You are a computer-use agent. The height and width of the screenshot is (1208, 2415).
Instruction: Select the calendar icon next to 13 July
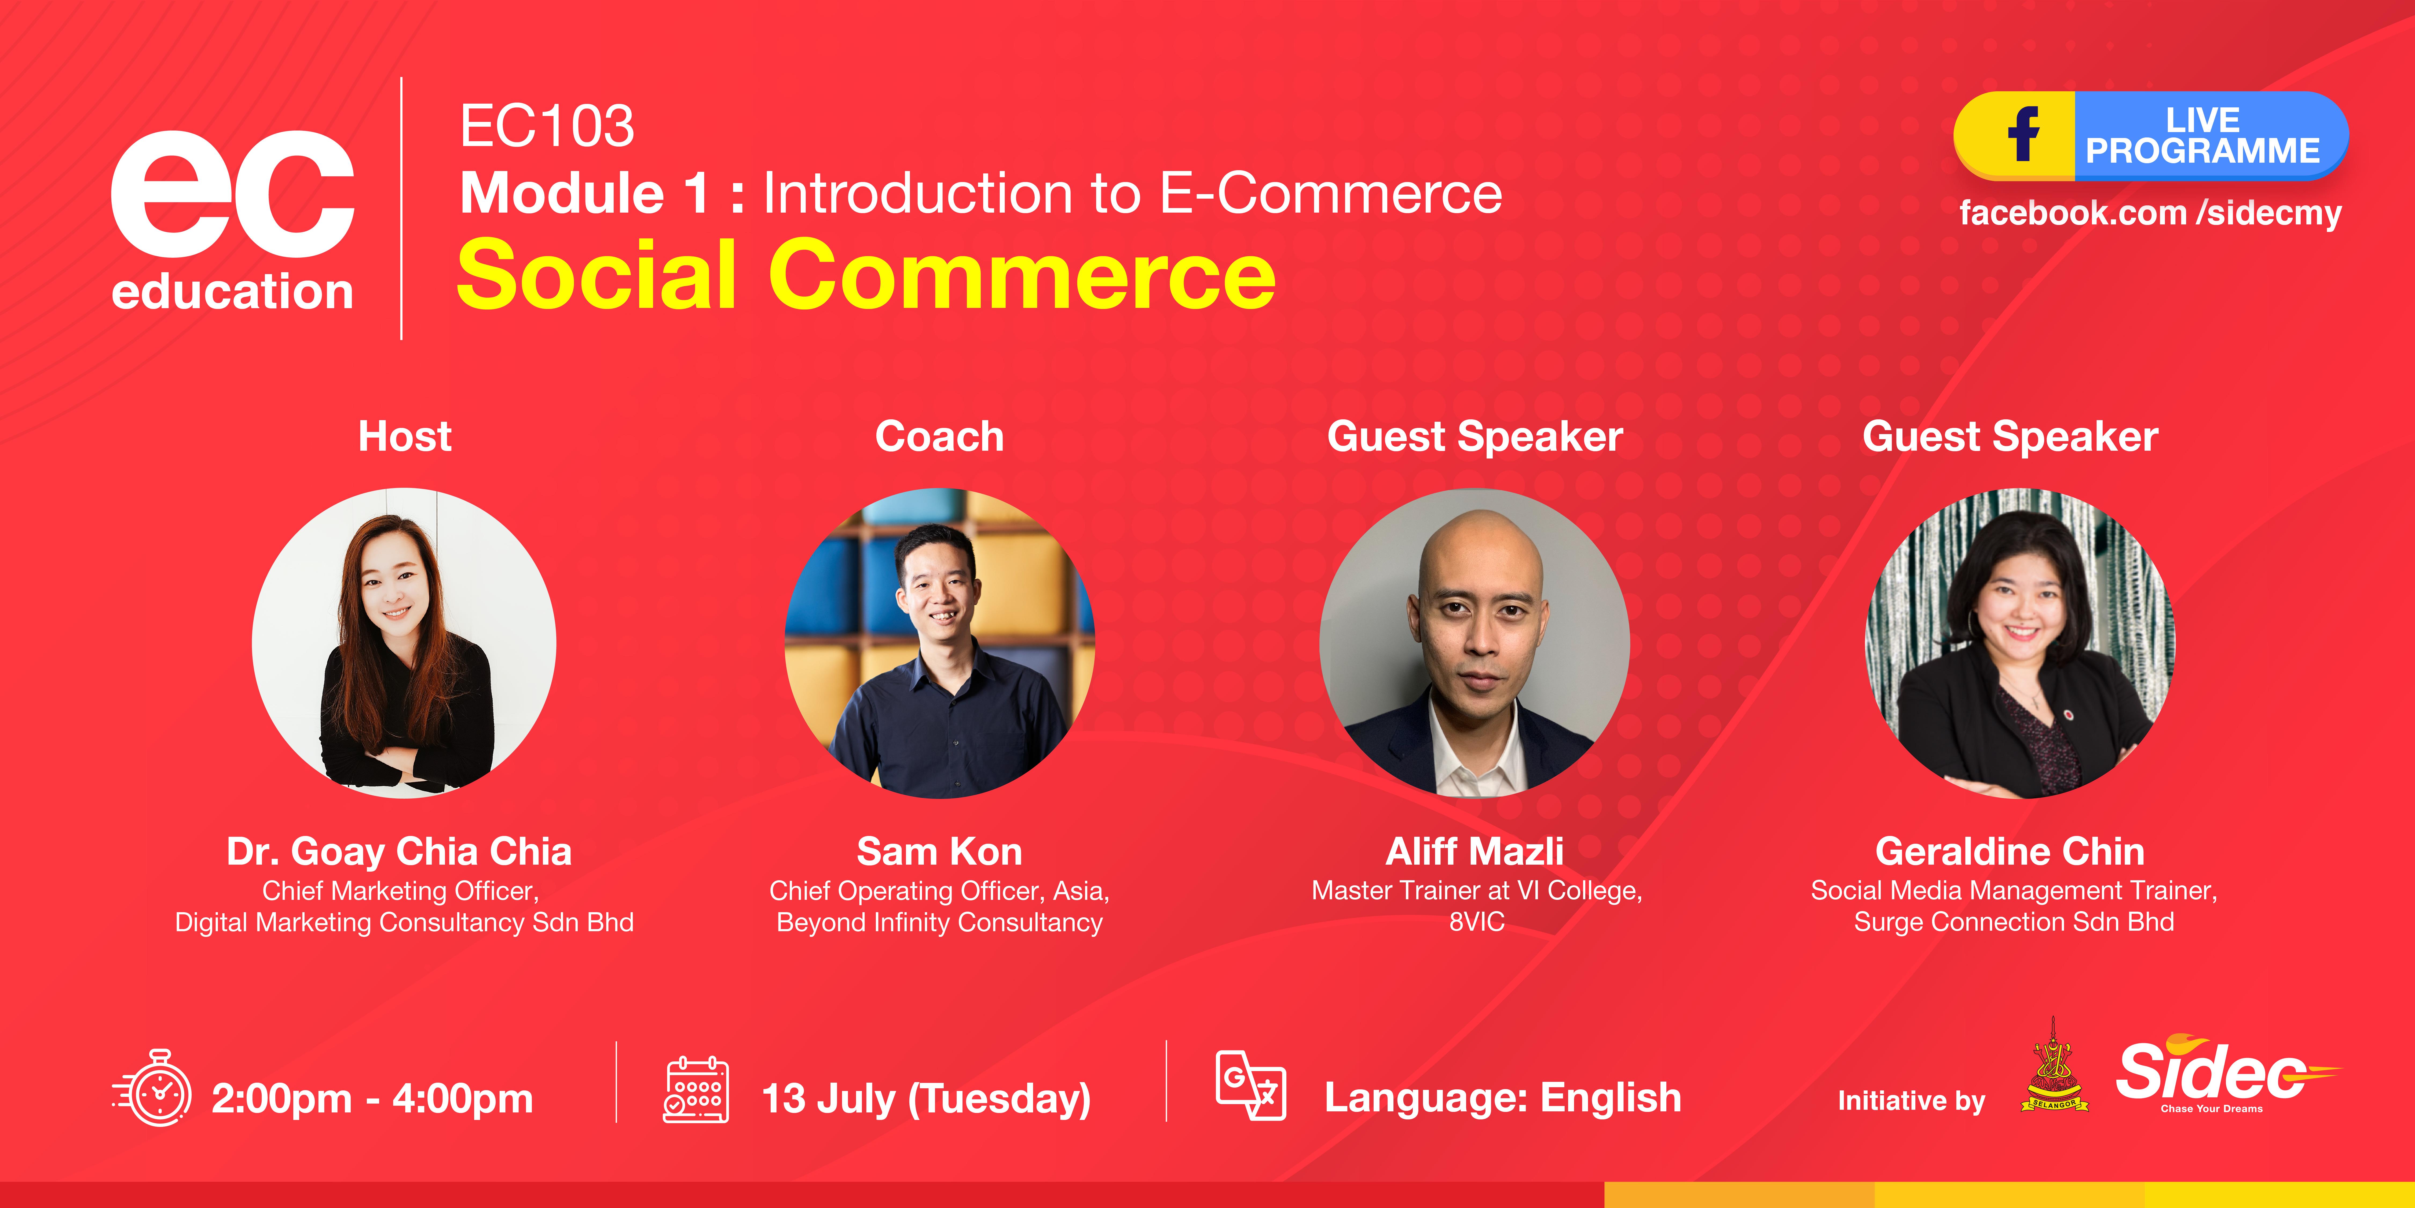click(x=696, y=1090)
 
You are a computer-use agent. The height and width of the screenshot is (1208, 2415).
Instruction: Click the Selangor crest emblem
click(x=2053, y=1069)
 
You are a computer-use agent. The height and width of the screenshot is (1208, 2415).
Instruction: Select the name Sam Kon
click(x=939, y=852)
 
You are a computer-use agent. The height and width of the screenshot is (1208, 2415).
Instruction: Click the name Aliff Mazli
click(x=1475, y=852)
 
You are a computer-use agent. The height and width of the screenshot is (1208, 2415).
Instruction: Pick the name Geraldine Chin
click(x=2010, y=852)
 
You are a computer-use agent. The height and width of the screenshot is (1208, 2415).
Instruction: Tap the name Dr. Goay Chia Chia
click(x=399, y=852)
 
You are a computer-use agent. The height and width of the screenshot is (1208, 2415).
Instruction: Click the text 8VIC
click(x=1477, y=922)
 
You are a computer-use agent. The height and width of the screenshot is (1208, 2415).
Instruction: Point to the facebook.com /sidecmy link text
click(x=2150, y=213)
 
